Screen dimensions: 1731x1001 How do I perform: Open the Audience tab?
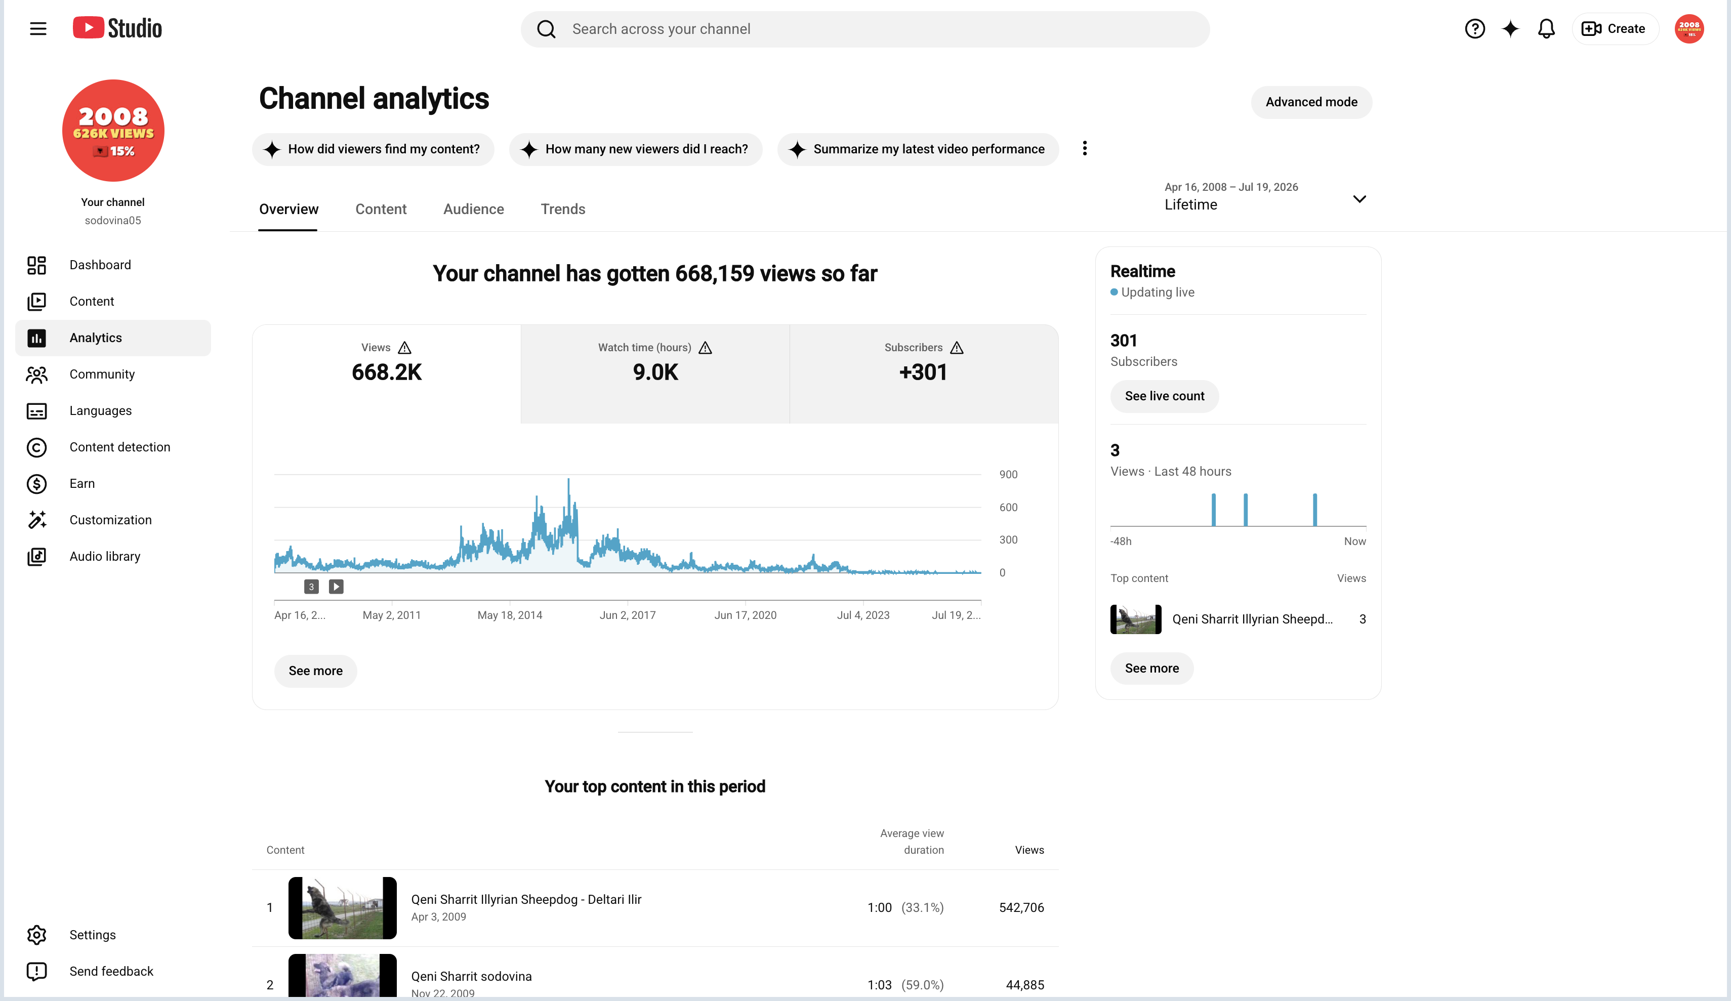tap(473, 209)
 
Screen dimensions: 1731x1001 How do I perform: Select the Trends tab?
tap(563, 209)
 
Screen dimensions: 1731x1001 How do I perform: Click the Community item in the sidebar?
tap(102, 374)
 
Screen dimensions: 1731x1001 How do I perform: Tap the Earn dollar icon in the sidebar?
tap(36, 484)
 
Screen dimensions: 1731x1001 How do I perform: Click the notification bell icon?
tap(1546, 29)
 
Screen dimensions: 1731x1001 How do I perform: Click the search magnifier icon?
tap(546, 29)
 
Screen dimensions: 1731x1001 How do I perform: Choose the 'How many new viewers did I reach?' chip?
tap(635, 149)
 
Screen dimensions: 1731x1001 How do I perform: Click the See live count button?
tap(1164, 396)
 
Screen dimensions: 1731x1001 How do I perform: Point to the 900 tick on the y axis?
tap(1008, 474)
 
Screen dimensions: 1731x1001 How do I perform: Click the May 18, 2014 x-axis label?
tap(510, 615)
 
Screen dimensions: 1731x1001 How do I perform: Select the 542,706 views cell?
tap(1021, 907)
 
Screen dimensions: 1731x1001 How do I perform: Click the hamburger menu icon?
tap(38, 29)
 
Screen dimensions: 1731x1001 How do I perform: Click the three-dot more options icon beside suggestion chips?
tap(1085, 148)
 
